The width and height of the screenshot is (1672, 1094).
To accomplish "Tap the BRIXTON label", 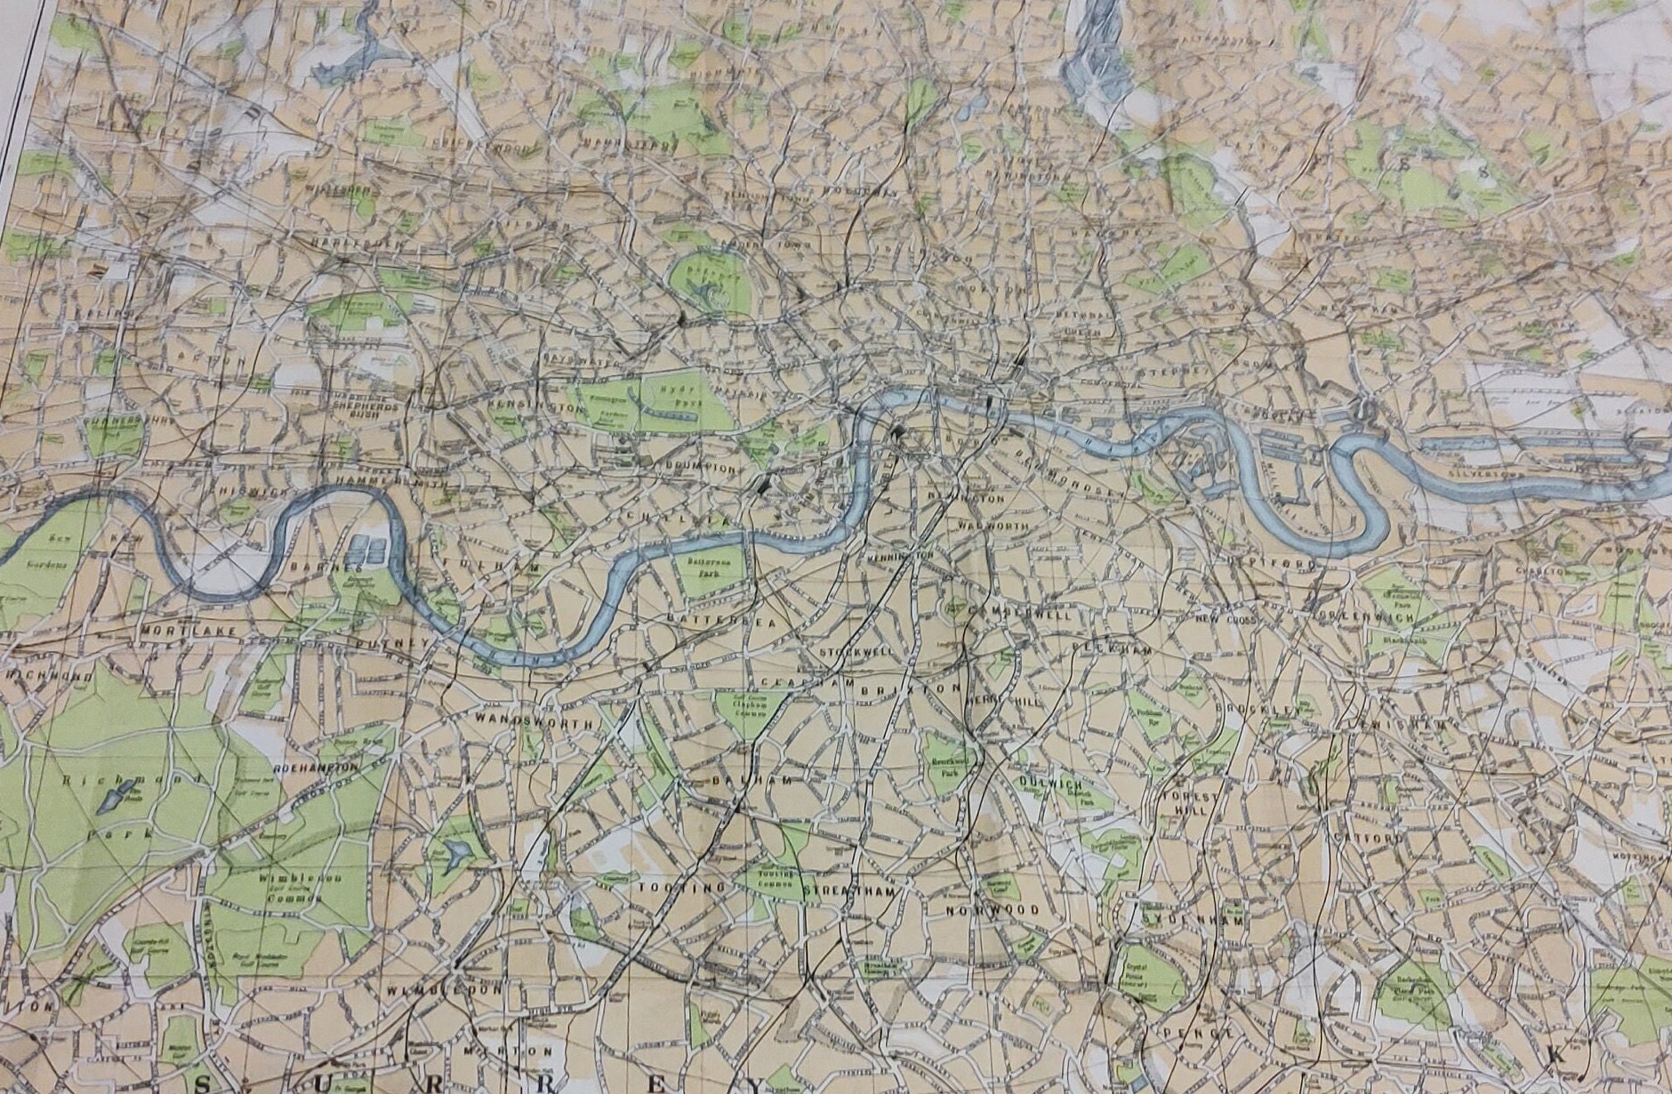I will pos(928,689).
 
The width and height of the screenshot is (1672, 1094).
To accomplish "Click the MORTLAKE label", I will pos(189,631).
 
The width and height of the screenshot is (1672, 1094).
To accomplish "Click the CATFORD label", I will pos(1372,838).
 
